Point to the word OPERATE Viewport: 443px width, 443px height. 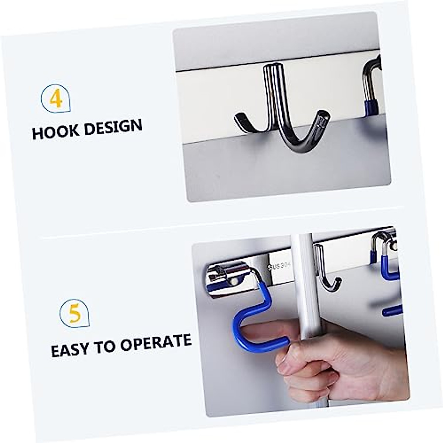(155, 342)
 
